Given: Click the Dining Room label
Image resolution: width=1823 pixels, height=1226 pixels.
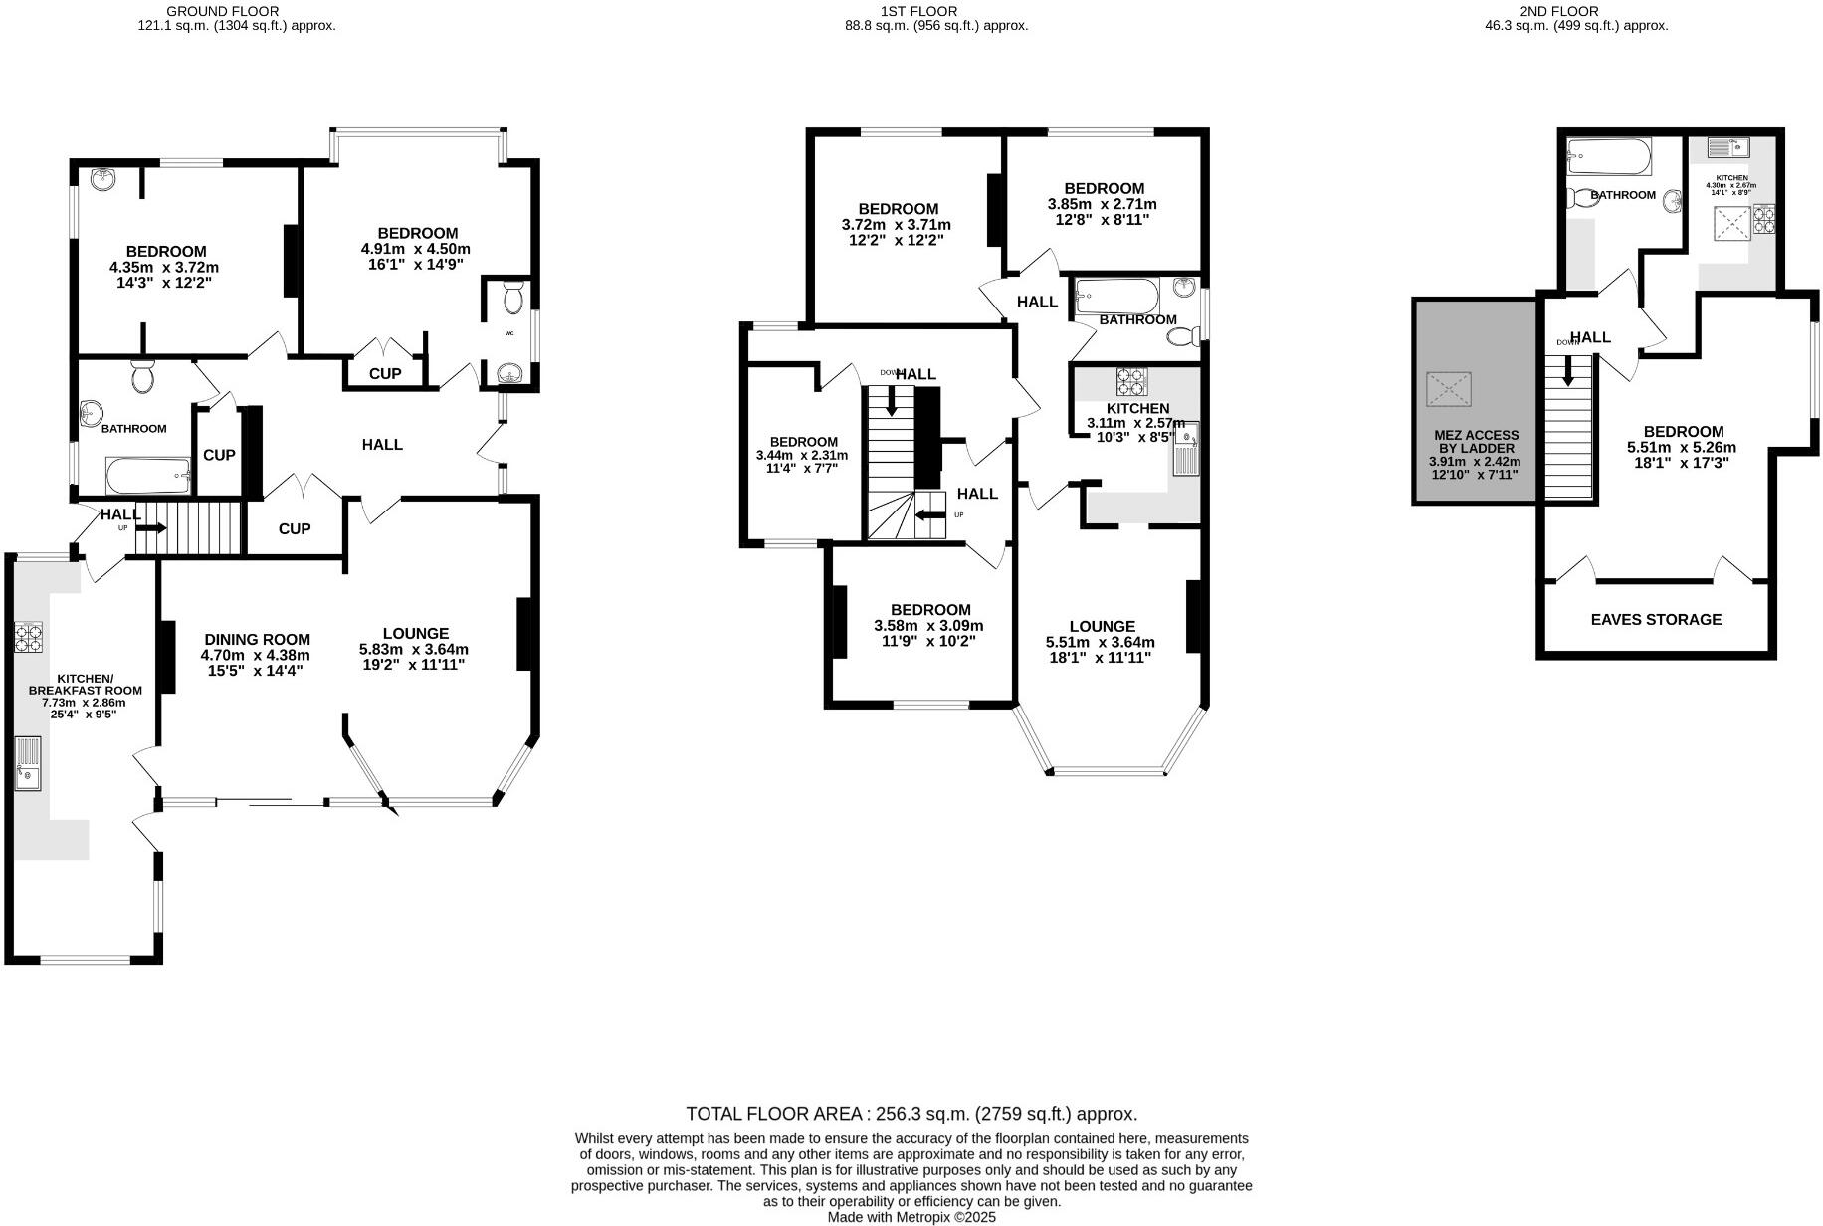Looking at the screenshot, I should pyautogui.click(x=257, y=640).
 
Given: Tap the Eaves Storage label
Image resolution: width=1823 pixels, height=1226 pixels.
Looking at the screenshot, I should pyautogui.click(x=1656, y=619).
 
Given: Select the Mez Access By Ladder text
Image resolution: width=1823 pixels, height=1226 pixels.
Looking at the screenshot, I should pyautogui.click(x=1476, y=442).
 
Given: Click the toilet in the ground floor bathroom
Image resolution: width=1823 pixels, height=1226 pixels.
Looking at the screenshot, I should pyautogui.click(x=142, y=377).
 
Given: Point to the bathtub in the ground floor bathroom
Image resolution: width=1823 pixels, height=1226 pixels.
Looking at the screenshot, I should pyautogui.click(x=147, y=476).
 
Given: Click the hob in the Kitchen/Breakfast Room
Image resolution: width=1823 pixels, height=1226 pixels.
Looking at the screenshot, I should pyautogui.click(x=28, y=637).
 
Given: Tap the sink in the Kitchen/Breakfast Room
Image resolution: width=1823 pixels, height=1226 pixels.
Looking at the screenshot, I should pyautogui.click(x=27, y=763).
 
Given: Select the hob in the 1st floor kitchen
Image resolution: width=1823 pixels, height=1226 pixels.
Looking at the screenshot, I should pyautogui.click(x=1130, y=382).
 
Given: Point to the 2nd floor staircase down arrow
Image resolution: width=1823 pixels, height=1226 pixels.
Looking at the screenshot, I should pyautogui.click(x=1568, y=372).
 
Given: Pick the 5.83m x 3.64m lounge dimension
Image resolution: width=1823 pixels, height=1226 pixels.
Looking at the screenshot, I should pyautogui.click(x=414, y=649).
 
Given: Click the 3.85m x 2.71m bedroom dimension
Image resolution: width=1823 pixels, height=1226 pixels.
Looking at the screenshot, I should pyautogui.click(x=1103, y=204).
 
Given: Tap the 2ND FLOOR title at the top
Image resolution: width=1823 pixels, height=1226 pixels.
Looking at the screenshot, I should pyautogui.click(x=1572, y=11).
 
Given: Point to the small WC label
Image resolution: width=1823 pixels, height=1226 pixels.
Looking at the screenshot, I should pyautogui.click(x=509, y=333).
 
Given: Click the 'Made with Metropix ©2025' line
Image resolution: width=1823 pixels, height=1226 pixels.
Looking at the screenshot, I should pyautogui.click(x=911, y=1217).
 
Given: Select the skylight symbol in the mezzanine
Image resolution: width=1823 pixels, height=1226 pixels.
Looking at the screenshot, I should pyautogui.click(x=1449, y=389).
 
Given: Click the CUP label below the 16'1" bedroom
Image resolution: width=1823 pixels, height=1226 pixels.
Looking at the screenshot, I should pyautogui.click(x=384, y=374).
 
